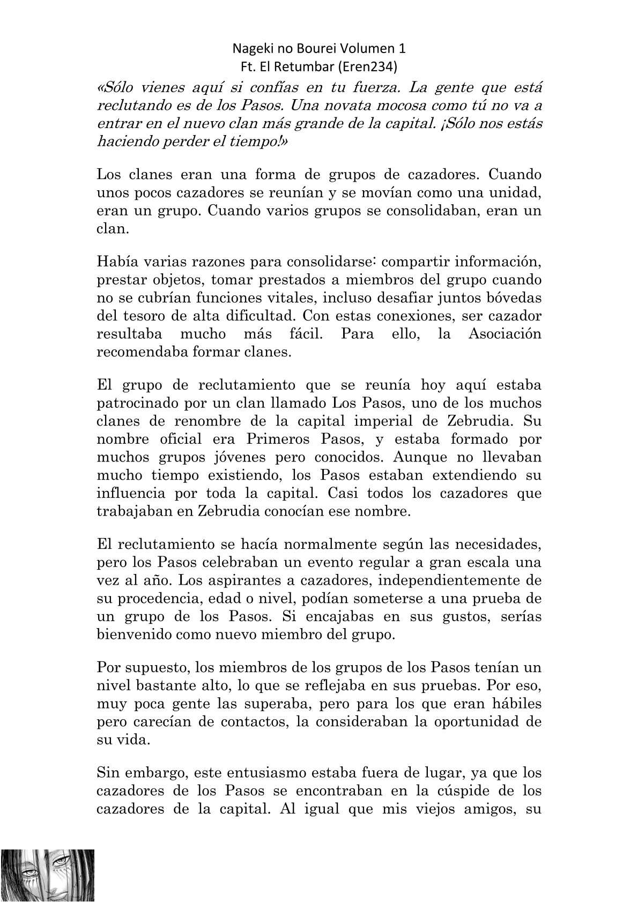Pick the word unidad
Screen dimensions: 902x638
[x=516, y=193]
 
